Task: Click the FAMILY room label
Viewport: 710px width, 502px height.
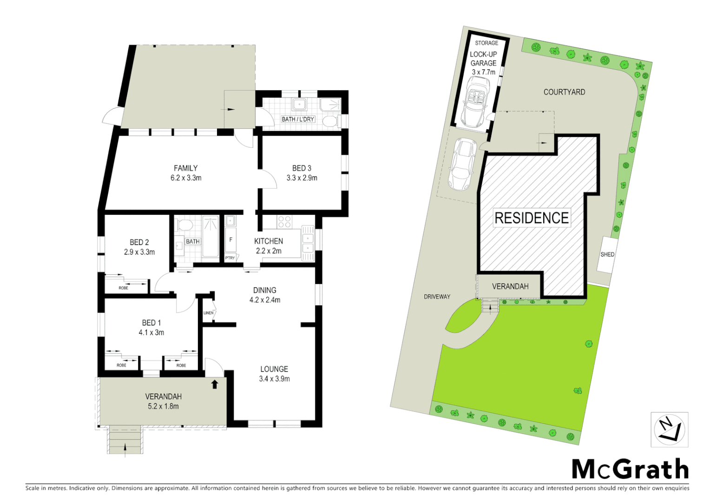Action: tap(185, 168)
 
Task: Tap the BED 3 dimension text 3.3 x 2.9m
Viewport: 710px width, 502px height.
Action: tap(302, 178)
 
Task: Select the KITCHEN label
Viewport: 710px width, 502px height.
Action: tap(269, 241)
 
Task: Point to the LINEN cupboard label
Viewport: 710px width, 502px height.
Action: tap(208, 313)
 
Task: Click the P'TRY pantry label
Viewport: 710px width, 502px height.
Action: tap(230, 258)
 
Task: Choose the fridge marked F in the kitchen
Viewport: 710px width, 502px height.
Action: tap(230, 240)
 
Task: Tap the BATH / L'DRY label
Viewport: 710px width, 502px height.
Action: tap(298, 119)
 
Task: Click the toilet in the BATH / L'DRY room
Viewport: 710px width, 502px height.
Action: tap(330, 122)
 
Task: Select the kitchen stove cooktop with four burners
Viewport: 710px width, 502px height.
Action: tap(284, 222)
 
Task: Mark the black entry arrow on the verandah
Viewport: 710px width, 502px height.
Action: tap(215, 384)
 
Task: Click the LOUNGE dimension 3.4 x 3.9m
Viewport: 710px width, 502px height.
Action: tap(274, 379)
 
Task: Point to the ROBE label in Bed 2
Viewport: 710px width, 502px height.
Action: tap(123, 288)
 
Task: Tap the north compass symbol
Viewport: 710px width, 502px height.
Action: tap(669, 429)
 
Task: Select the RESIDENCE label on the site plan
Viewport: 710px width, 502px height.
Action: tap(532, 218)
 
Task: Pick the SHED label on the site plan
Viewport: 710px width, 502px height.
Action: tap(607, 255)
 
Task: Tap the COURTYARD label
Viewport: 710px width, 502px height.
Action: tap(564, 92)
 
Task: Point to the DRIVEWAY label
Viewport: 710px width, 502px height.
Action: tap(437, 297)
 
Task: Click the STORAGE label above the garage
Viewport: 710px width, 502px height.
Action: tap(486, 43)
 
